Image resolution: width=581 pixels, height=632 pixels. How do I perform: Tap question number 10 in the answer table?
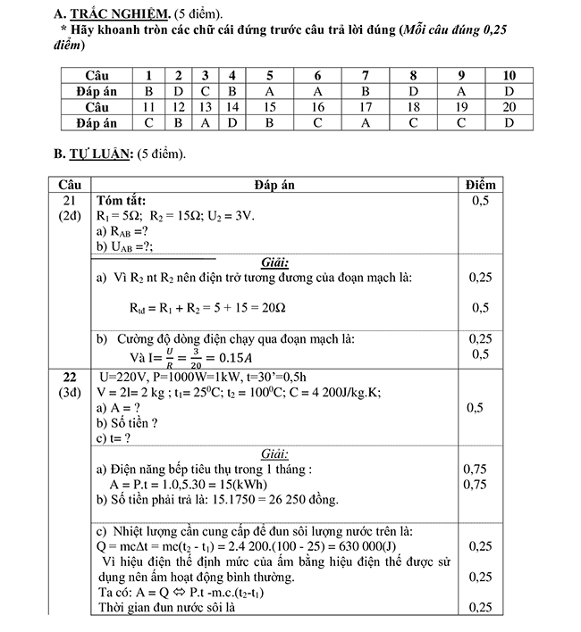click(509, 75)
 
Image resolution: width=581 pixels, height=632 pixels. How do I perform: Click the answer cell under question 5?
click(270, 91)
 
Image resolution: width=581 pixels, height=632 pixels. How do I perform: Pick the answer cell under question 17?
click(365, 123)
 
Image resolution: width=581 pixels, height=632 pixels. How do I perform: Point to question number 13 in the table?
click(206, 107)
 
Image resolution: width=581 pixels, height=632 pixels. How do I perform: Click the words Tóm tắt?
click(122, 201)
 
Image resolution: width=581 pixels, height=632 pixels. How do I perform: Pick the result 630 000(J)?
click(383, 545)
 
